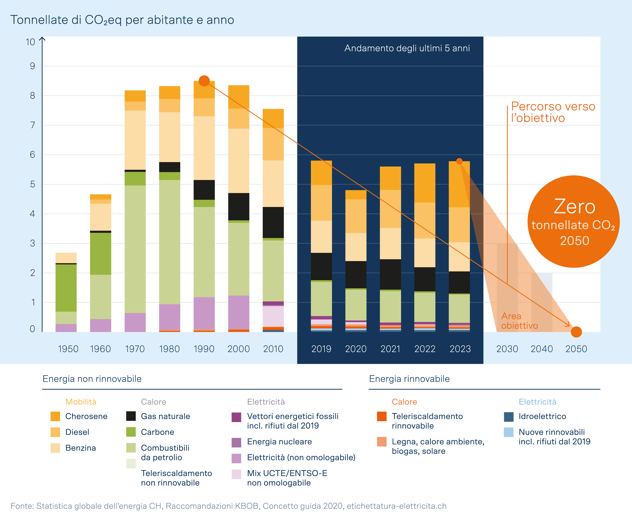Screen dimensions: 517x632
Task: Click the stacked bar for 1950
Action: [66, 292]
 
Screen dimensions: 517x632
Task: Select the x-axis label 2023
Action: [460, 349]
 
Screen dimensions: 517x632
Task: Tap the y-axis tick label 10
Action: [30, 42]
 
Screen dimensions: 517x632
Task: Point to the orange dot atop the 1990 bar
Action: [204, 81]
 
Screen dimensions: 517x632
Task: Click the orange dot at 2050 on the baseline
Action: [576, 332]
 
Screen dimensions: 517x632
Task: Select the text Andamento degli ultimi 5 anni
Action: [407, 48]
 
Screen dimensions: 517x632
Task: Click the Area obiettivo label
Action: [519, 321]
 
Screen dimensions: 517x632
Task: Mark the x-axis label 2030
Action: [507, 349]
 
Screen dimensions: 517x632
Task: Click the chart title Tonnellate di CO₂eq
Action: [122, 20]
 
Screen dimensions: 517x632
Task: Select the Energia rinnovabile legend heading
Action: [409, 379]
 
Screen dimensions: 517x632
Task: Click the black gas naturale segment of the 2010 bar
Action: [273, 222]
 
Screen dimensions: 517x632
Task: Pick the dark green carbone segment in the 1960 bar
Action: [100, 253]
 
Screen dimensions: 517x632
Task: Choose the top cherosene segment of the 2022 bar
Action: [425, 183]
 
